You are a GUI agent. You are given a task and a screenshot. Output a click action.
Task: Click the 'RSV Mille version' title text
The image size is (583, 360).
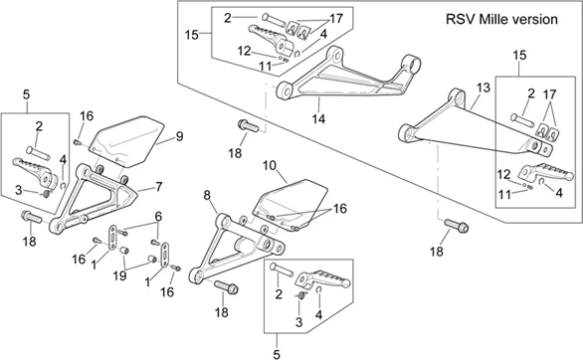coord(501,19)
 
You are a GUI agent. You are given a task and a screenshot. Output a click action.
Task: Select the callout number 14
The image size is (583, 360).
coord(318,119)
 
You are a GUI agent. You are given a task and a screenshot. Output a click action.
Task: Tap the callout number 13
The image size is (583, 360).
coord(484,89)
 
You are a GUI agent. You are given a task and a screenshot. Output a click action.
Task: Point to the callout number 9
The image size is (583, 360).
coord(180,136)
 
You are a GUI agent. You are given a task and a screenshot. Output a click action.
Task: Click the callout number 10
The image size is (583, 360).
coord(270,165)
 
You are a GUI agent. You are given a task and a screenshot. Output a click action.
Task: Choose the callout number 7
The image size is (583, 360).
coord(159,187)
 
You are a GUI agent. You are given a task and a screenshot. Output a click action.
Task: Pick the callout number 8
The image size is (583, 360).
coord(207,195)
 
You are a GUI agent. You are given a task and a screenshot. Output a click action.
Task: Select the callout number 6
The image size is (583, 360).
coord(159,216)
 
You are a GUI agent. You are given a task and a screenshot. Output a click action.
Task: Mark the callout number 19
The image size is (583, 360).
coord(119,276)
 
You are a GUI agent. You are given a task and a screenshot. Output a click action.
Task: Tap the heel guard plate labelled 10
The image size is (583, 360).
coord(291,204)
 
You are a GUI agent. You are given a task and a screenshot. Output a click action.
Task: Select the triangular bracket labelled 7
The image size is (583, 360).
coord(93,201)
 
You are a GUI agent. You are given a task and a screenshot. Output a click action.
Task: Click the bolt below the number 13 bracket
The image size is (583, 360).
coord(457,226)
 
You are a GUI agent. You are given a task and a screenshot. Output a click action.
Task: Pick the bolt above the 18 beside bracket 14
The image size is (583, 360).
coord(248,126)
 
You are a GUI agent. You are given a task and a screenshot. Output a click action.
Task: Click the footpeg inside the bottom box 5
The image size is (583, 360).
coord(322,279)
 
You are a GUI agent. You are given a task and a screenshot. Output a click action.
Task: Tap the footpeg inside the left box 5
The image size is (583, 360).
coord(35,172)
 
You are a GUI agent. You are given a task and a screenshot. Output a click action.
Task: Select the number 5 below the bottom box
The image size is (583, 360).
coord(277,354)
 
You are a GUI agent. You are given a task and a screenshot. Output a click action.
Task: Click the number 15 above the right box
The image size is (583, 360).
coord(519,56)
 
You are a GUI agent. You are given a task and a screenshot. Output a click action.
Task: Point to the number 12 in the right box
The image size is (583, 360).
coord(503,174)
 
